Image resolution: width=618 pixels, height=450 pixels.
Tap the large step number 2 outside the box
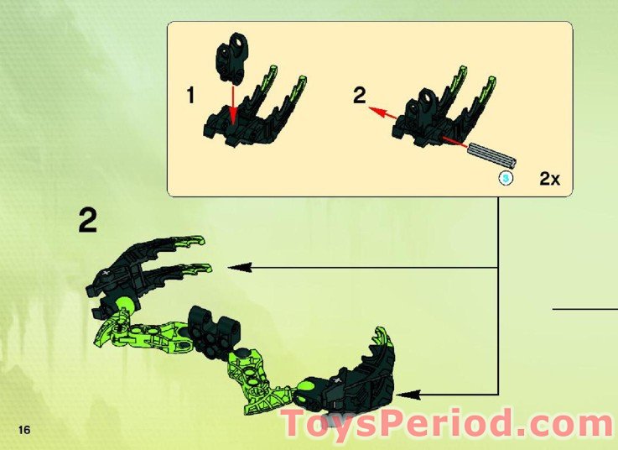(87, 221)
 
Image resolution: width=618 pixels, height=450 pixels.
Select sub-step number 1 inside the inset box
(191, 97)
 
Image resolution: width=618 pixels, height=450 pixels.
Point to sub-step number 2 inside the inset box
(360, 96)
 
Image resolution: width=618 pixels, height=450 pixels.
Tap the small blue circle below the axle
(506, 177)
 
